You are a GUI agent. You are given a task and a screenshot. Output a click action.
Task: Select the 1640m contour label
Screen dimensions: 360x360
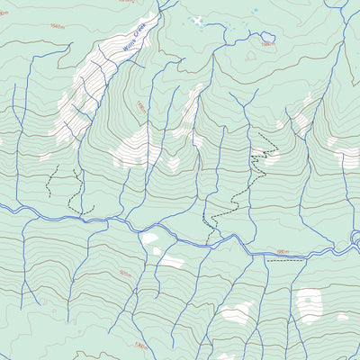56,26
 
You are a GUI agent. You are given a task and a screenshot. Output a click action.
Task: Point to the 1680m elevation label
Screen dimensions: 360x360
266,43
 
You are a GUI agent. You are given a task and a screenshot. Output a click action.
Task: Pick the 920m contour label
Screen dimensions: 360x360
124,274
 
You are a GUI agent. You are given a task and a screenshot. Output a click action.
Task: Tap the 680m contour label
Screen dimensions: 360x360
283,253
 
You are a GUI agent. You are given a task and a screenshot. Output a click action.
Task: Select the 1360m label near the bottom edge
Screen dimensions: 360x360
139,345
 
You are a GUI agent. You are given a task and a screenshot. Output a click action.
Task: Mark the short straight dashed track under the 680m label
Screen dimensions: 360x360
286,260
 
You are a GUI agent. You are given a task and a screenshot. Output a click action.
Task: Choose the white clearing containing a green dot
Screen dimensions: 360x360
309,304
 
